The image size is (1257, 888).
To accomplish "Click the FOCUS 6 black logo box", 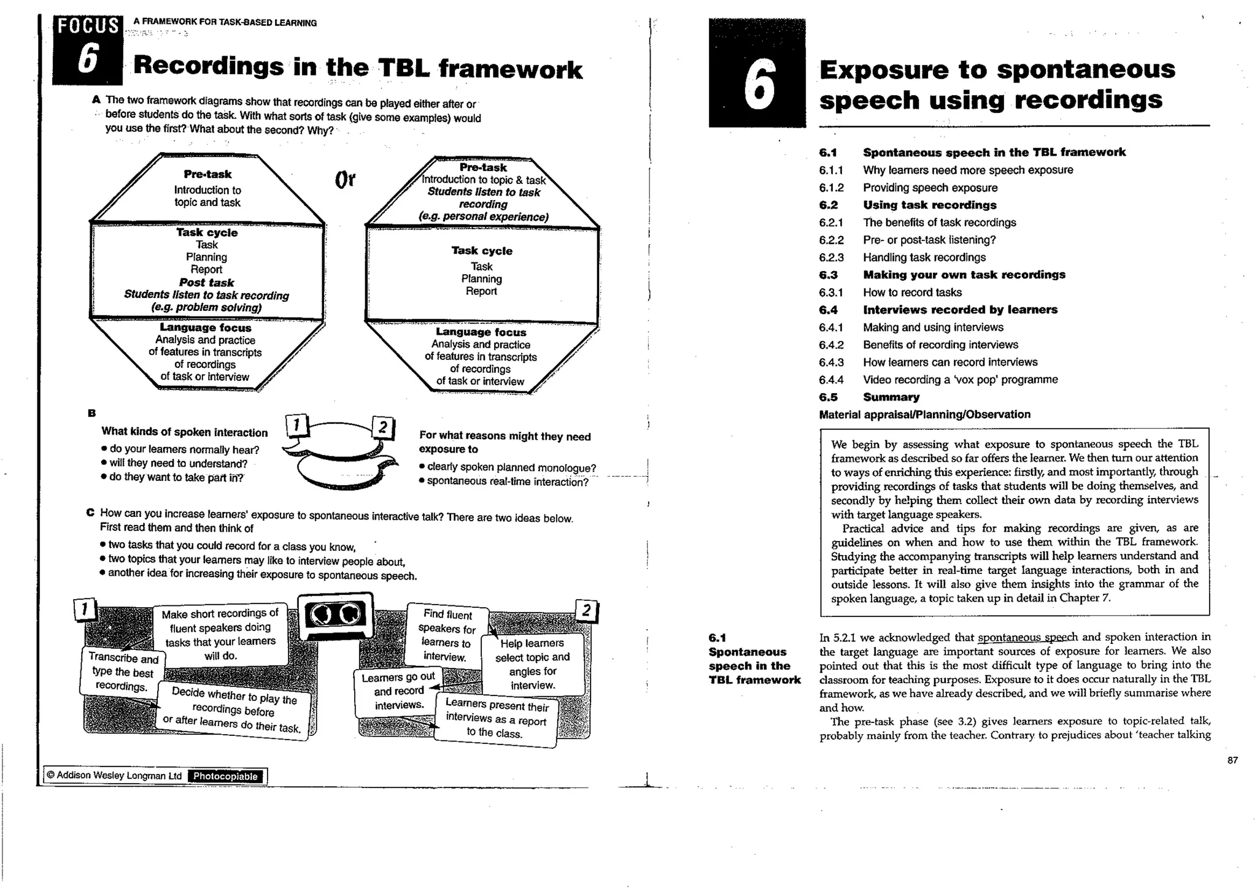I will pos(87,49).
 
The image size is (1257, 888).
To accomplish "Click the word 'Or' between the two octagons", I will pos(345,180).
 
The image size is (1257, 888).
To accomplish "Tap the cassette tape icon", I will pos(336,615).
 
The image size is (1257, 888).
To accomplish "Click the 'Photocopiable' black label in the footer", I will pos(225,776).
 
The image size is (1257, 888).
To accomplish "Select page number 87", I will pos(1232,760).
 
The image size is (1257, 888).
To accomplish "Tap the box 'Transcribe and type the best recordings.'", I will pos(122,672).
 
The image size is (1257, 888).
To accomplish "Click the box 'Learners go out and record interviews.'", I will pos(398,691).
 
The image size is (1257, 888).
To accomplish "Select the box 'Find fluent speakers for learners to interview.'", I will pos(447,635).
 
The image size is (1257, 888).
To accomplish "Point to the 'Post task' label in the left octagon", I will pos(206,283).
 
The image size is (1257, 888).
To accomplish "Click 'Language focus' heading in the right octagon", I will pos(481,332).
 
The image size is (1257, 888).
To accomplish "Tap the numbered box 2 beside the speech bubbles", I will pos(382,427).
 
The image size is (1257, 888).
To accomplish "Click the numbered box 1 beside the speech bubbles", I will pos(296,424).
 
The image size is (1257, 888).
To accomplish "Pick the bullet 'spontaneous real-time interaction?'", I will pos(507,482).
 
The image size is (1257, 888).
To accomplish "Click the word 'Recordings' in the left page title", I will pos(209,66).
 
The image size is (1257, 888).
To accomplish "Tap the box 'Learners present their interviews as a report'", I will pos(496,719).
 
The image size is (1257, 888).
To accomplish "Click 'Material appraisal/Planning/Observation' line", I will pos(924,415).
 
